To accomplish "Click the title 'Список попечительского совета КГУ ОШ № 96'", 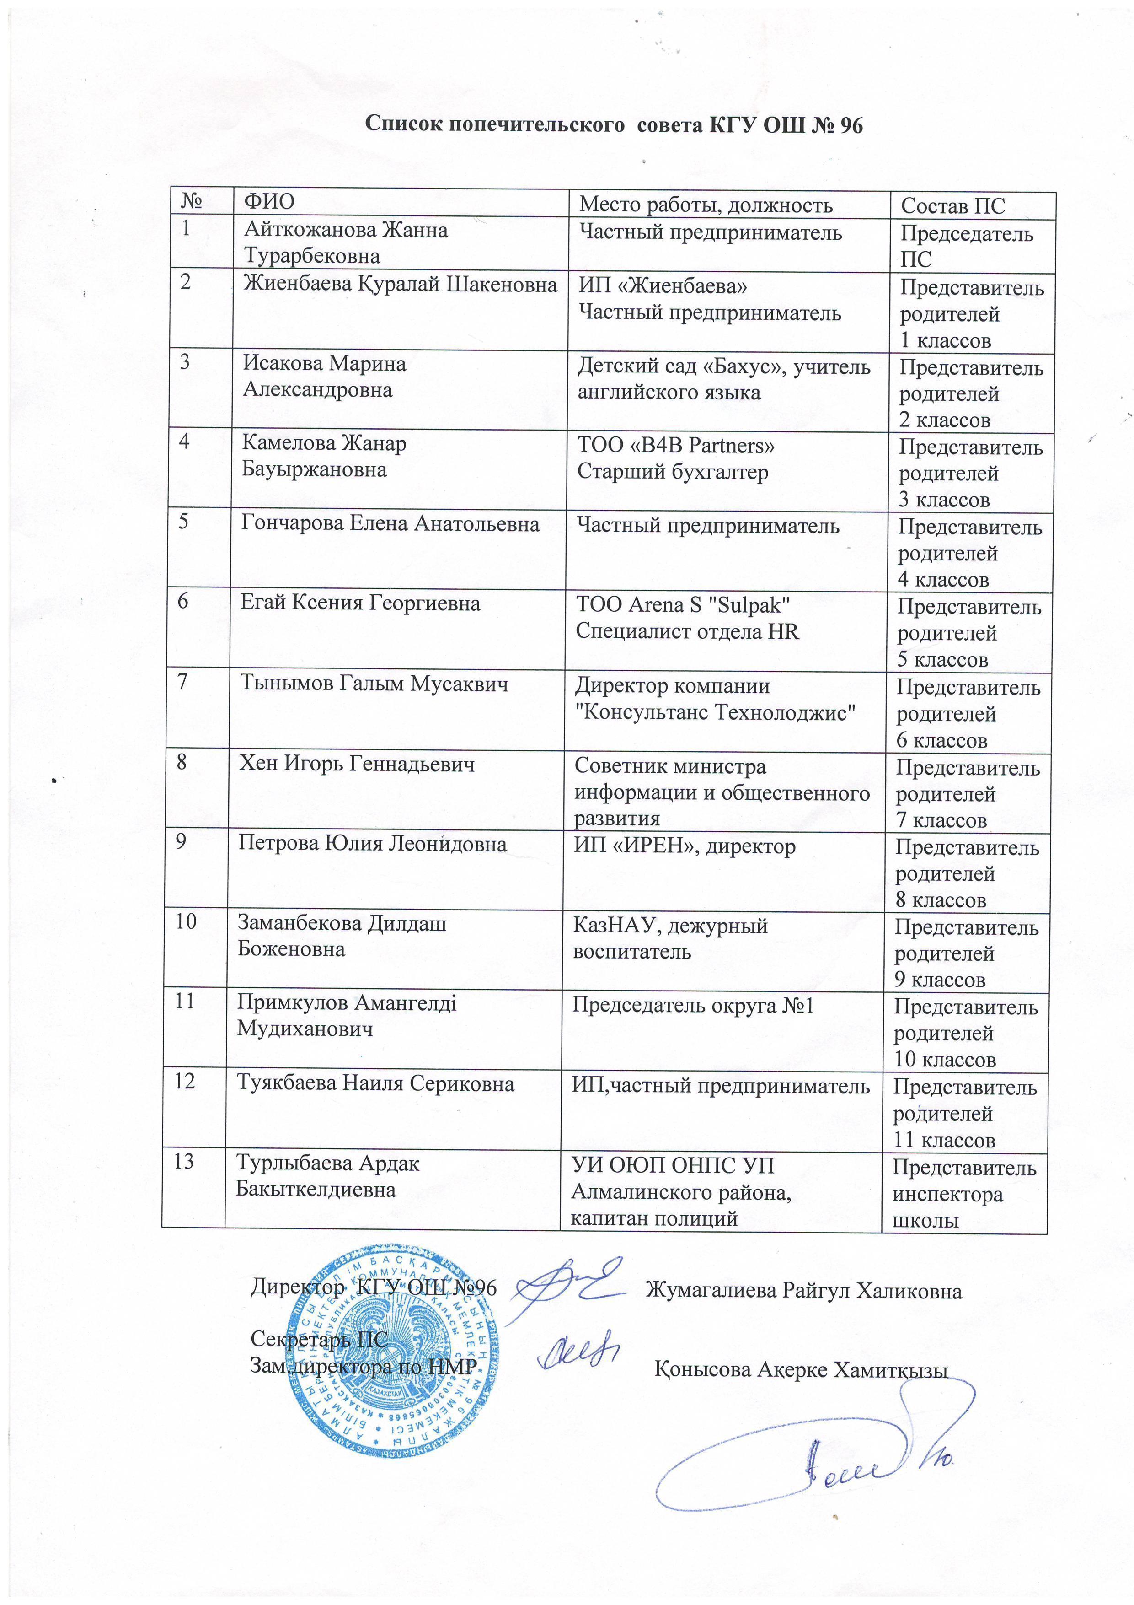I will click(615, 125).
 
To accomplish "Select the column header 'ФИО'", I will click(269, 202).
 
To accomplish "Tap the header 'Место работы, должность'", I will click(706, 205).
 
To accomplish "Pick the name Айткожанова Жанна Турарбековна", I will click(346, 242).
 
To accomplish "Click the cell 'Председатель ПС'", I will click(966, 246).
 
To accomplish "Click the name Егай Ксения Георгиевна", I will click(360, 603).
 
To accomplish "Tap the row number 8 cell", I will click(182, 761).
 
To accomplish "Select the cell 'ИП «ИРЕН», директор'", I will click(685, 846).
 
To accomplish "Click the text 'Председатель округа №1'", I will click(693, 1005).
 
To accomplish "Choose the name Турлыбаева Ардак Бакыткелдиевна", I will click(328, 1176).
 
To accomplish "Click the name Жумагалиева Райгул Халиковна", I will click(803, 1290).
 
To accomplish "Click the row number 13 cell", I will click(184, 1161).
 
